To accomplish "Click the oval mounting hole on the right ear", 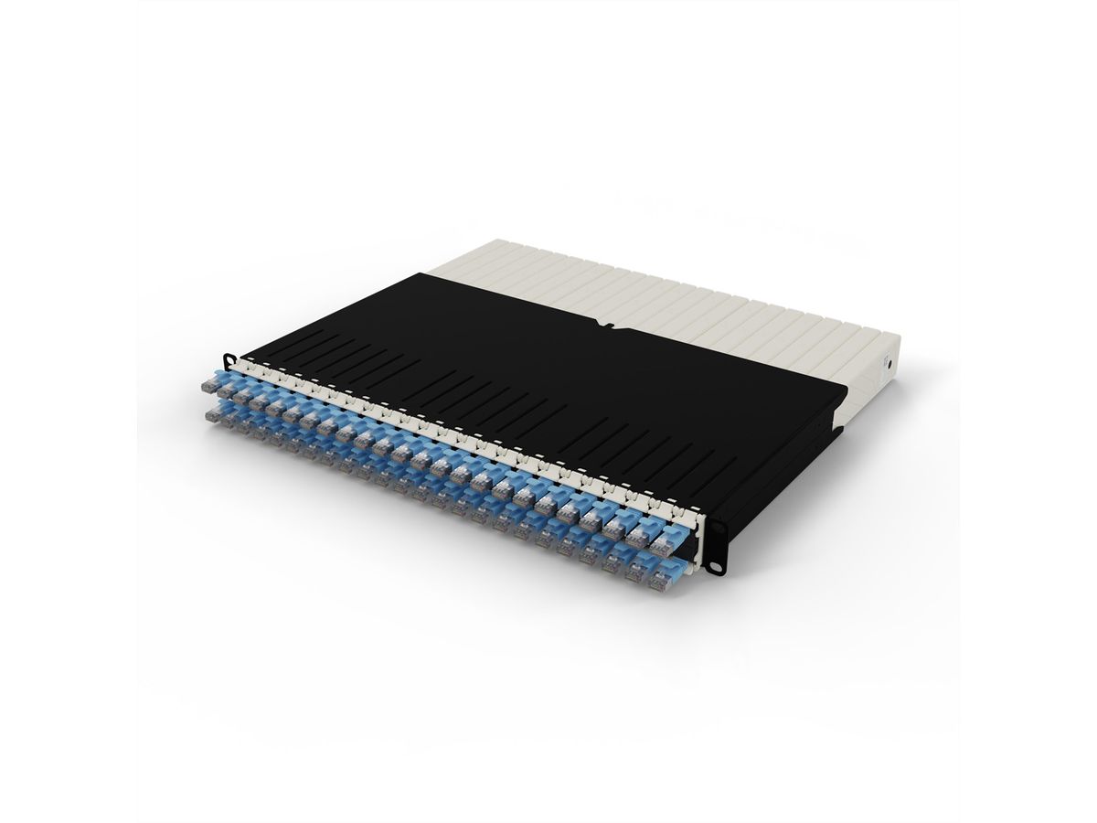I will click(718, 528).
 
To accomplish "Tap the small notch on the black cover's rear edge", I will click(602, 323).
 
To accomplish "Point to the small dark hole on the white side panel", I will click(889, 363).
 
